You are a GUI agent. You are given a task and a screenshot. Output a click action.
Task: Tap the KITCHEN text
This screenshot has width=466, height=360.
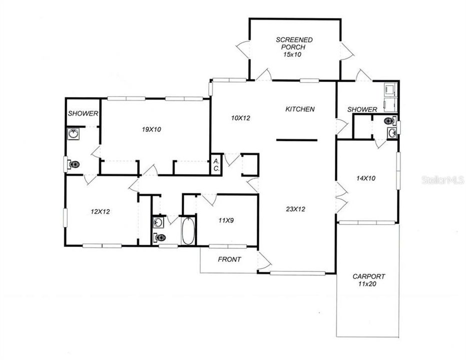coord(300,109)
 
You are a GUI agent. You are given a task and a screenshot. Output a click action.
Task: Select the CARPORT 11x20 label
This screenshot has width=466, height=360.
coord(368,280)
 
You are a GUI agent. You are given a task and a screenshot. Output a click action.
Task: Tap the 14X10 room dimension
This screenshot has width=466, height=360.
coord(366,177)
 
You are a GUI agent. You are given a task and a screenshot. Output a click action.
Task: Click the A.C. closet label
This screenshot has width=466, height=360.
coord(216,164)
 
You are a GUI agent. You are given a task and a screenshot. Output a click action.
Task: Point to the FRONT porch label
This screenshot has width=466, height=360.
coord(229,259)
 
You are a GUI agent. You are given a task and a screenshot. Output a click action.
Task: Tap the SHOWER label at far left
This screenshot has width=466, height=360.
coord(83,113)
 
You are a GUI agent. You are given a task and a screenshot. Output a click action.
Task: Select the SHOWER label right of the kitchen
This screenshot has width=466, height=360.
coord(362,109)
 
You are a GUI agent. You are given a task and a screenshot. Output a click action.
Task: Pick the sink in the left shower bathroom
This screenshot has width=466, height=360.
coord(74,134)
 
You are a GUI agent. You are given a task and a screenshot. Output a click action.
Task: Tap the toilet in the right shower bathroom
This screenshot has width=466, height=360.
coord(389,120)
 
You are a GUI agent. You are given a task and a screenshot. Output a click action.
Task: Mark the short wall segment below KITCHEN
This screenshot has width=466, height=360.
coord(296,140)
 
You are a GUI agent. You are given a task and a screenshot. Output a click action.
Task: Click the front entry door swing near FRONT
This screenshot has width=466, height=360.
coord(264,260)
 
